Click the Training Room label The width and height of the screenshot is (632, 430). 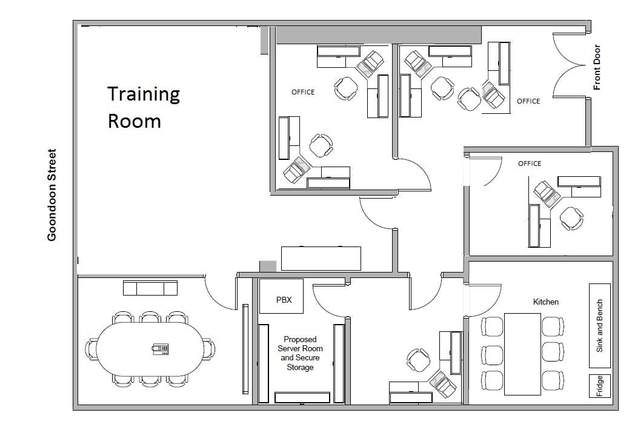pos(144,107)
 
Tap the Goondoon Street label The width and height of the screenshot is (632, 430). pos(52,195)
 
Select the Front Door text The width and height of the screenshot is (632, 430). pos(597,67)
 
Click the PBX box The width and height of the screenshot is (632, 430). pos(281,296)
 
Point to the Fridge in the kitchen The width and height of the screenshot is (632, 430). pos(600,386)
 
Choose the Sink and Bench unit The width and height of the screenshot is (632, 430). pos(600,326)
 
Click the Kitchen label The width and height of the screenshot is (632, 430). pos(546,302)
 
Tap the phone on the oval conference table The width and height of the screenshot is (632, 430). pos(161,349)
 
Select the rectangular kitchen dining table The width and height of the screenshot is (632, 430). pos(523,354)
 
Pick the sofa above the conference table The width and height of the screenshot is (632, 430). pos(150,288)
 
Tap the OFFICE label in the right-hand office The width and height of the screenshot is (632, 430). pos(530,164)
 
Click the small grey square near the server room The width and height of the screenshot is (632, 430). pos(268,266)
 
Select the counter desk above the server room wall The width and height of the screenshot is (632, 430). pos(321,259)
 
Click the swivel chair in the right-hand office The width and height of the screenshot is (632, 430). pos(571,219)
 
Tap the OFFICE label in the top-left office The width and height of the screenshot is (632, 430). pos(303,92)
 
